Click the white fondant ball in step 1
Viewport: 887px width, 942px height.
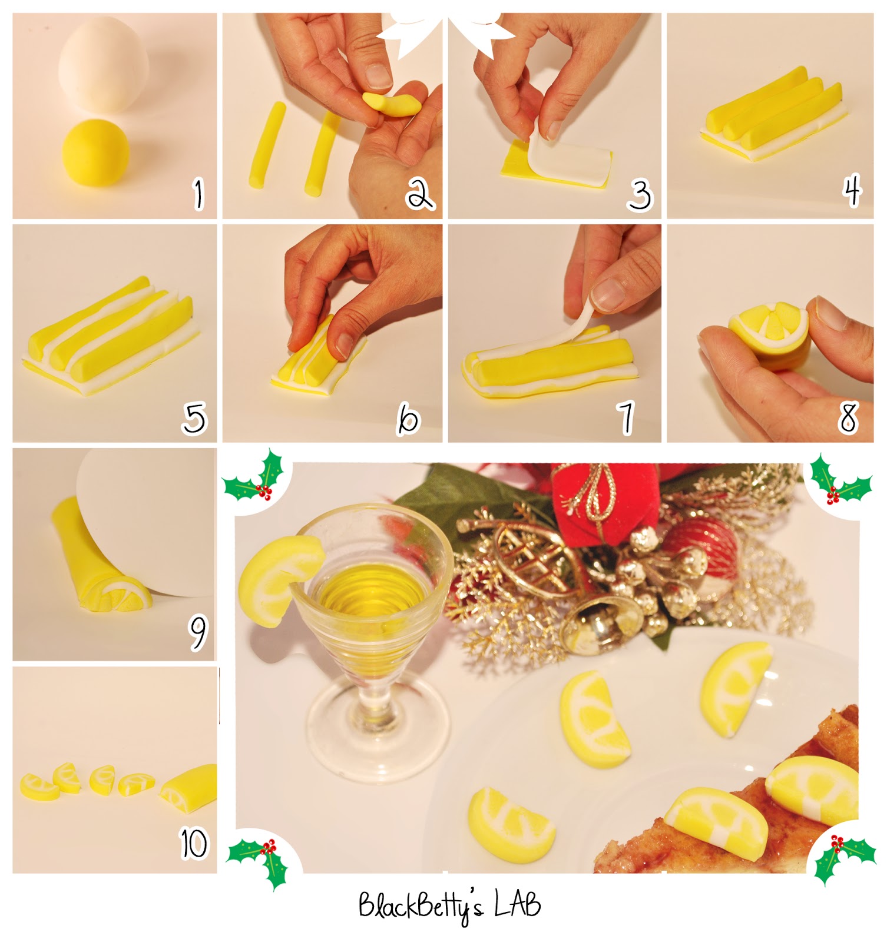[x=101, y=63]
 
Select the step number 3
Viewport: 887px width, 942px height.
[x=640, y=195]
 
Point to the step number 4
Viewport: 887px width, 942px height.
[x=852, y=190]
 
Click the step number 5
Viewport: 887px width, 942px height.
[x=195, y=418]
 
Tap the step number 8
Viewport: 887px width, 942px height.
[x=848, y=417]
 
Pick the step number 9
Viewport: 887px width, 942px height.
[x=198, y=632]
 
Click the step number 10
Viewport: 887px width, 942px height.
[x=194, y=844]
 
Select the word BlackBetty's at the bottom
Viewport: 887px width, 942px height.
[x=421, y=907]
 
